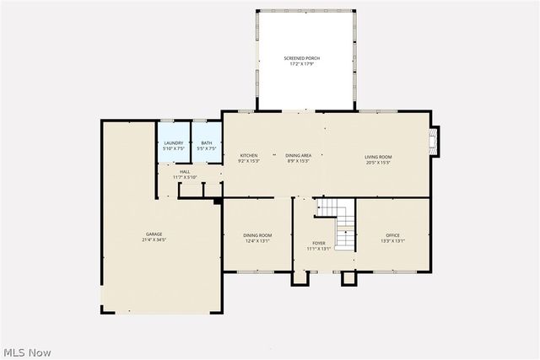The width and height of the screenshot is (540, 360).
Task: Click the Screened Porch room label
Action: [301, 58]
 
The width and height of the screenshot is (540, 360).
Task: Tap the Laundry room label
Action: [174, 143]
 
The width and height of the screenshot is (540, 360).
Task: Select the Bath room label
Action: [207, 143]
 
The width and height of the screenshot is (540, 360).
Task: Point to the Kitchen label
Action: [249, 155]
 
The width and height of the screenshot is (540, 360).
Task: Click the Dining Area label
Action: [298, 155]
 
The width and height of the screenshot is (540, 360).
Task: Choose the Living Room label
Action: [378, 156]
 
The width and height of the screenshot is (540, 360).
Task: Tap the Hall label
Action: [185, 172]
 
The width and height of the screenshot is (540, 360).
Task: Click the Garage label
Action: [154, 234]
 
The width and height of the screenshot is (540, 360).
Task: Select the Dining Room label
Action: [257, 235]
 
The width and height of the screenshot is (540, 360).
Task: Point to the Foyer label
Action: [319, 243]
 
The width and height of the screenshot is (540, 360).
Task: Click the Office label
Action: [393, 235]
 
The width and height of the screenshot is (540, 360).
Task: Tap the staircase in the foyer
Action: [338, 223]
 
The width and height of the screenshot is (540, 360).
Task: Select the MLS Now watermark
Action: [28, 351]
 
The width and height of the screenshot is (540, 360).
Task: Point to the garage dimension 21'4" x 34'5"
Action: [154, 240]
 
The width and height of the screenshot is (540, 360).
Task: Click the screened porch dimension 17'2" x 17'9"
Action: [301, 64]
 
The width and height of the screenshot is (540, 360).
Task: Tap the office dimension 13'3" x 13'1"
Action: [393, 241]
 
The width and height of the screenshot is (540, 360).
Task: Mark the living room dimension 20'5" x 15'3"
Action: [378, 161]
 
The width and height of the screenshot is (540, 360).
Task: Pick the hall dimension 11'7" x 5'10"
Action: [185, 177]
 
